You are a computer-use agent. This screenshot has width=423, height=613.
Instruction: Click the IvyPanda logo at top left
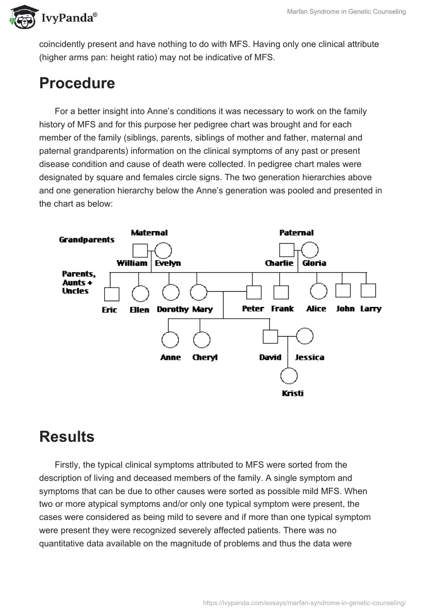coord(53,17)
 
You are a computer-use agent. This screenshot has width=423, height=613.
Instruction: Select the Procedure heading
coord(77,83)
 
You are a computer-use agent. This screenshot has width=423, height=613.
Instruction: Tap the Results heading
coord(67,436)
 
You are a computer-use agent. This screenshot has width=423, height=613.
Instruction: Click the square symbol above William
coord(140,250)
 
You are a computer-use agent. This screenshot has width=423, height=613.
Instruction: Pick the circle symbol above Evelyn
coord(163,250)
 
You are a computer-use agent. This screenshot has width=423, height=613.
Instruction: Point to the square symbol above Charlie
coord(286,250)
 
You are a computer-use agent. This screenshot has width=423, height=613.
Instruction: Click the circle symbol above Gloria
coord(309,250)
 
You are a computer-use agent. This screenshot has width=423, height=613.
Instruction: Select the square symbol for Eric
coord(112,294)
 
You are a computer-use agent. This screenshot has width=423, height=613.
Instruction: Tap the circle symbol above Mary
coord(198,292)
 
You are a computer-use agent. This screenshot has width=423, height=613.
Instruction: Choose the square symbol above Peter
coord(254,292)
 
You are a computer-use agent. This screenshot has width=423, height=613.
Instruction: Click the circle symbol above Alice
coord(318,291)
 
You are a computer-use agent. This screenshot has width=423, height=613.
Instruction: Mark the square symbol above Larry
coord(368,290)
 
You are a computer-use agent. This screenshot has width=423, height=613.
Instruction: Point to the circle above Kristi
coord(288,376)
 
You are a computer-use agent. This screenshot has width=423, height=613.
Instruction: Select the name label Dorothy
coord(172,309)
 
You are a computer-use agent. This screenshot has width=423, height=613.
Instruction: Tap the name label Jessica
coord(309,357)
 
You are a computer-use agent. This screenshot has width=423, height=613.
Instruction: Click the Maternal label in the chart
coord(149,233)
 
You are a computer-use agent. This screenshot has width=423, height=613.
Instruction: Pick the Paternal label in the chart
coord(296,233)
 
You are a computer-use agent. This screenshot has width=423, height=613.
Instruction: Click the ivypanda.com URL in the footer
coord(305,602)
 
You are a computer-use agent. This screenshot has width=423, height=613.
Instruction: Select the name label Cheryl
coord(205,357)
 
